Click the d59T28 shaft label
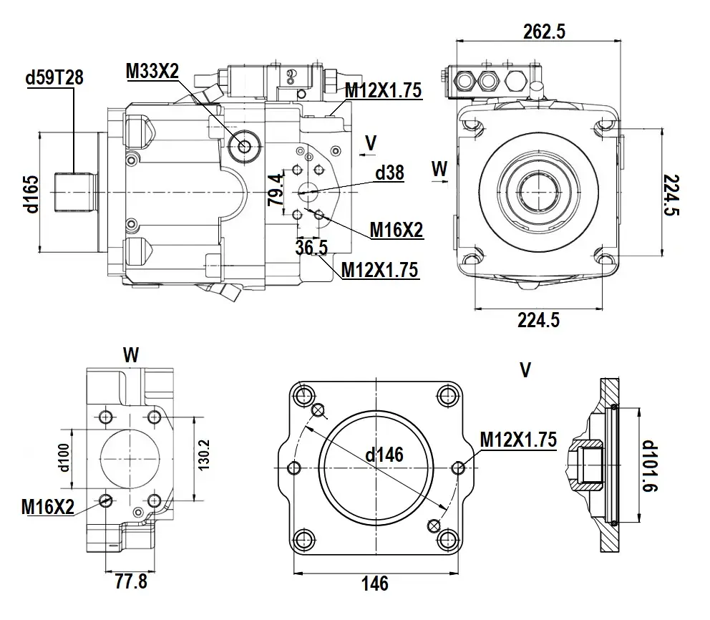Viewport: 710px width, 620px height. (x=54, y=77)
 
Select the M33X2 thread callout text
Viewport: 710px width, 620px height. (x=152, y=70)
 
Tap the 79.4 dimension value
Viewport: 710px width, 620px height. (x=276, y=190)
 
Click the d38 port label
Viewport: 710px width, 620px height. (x=389, y=173)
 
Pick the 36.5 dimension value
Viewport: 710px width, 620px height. (x=311, y=248)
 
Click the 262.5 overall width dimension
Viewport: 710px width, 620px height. (x=545, y=32)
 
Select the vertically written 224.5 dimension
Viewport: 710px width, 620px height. (x=671, y=195)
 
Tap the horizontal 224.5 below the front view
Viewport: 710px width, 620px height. (x=538, y=321)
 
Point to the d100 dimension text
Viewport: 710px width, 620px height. (x=64, y=458)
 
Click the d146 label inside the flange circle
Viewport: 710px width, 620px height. (x=384, y=454)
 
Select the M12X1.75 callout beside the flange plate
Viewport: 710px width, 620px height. (x=517, y=440)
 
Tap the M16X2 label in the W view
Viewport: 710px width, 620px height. (x=47, y=507)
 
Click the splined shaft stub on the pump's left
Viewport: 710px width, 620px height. (x=74, y=191)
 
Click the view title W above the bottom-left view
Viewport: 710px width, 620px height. (x=130, y=354)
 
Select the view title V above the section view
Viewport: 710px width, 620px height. (x=526, y=369)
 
